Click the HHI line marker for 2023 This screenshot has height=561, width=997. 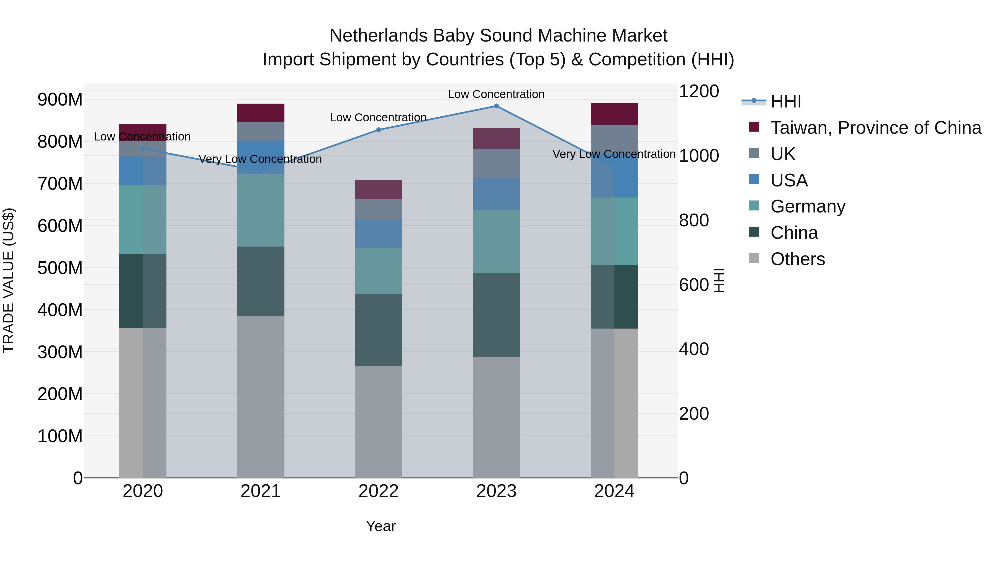click(x=496, y=106)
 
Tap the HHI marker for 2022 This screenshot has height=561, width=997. click(x=379, y=130)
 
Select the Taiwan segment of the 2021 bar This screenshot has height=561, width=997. click(x=261, y=113)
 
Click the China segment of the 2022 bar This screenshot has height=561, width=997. click(x=379, y=330)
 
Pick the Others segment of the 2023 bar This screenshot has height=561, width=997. click(x=496, y=417)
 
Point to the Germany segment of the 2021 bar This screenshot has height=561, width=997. click(x=261, y=210)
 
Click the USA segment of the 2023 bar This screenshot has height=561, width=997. click(x=496, y=194)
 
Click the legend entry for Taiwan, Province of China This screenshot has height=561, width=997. click(x=875, y=128)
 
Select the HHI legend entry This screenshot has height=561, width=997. click(x=786, y=101)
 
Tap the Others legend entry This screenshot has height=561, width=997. click(x=797, y=259)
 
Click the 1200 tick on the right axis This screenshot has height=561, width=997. click(x=699, y=91)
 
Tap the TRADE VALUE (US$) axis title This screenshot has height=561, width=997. click(x=9, y=280)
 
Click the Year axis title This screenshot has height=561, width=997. click(x=381, y=526)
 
